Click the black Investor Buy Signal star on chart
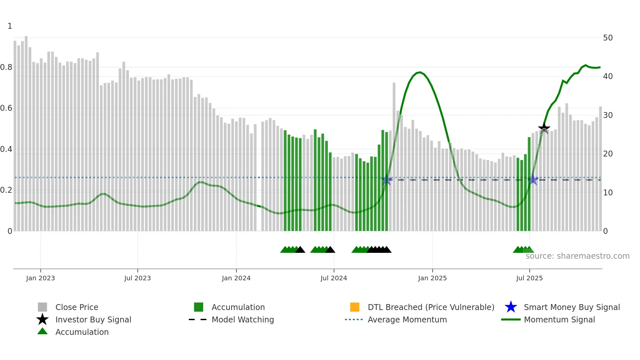(x=544, y=128)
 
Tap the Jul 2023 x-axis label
(x=137, y=278)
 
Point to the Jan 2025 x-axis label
(x=432, y=278)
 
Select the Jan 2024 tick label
(x=236, y=278)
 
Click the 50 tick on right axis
(x=608, y=38)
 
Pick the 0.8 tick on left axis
(x=6, y=67)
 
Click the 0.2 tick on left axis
(x=6, y=190)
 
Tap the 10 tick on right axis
(x=608, y=193)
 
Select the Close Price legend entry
(x=77, y=307)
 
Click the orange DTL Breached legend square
(x=355, y=307)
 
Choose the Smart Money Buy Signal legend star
(x=511, y=307)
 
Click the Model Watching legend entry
(x=243, y=319)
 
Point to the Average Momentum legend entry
(x=407, y=319)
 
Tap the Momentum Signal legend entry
(x=559, y=319)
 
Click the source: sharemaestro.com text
(x=577, y=256)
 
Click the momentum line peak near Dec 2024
(x=420, y=72)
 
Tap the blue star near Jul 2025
(x=533, y=179)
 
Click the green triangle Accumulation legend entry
(x=82, y=332)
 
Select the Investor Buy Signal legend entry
(x=93, y=319)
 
